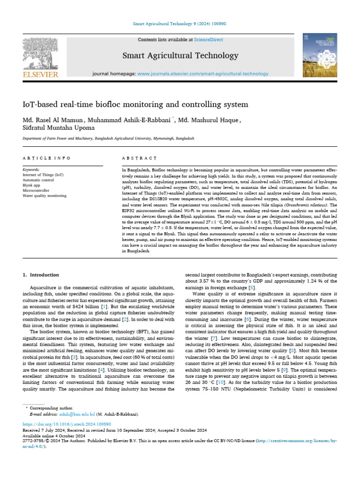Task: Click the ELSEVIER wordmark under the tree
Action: click(x=41, y=75)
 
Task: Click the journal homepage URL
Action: click(x=202, y=74)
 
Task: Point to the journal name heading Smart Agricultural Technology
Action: click(x=180, y=56)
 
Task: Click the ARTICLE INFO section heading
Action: click(x=47, y=158)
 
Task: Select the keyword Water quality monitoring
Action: click(x=45, y=195)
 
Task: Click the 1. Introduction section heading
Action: click(x=41, y=275)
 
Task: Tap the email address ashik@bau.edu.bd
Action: click(x=76, y=414)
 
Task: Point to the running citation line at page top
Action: click(x=180, y=23)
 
